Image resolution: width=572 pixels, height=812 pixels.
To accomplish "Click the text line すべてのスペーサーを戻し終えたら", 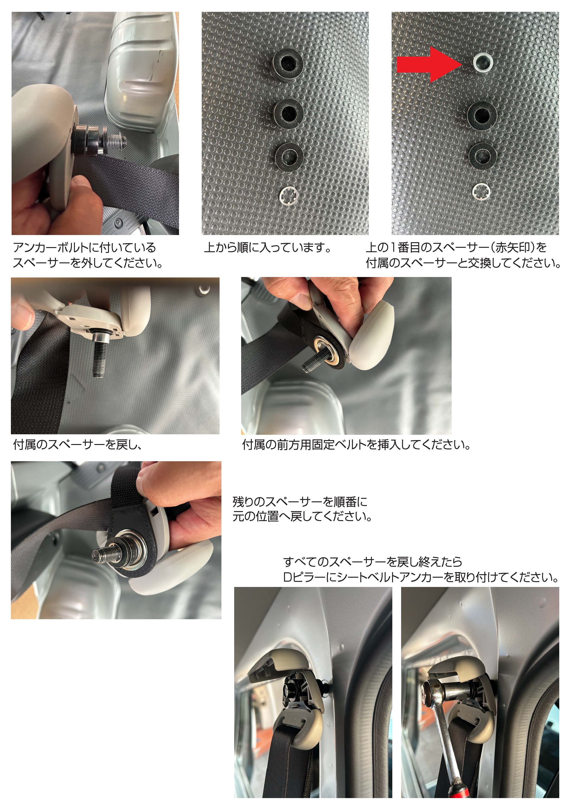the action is (373, 562).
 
